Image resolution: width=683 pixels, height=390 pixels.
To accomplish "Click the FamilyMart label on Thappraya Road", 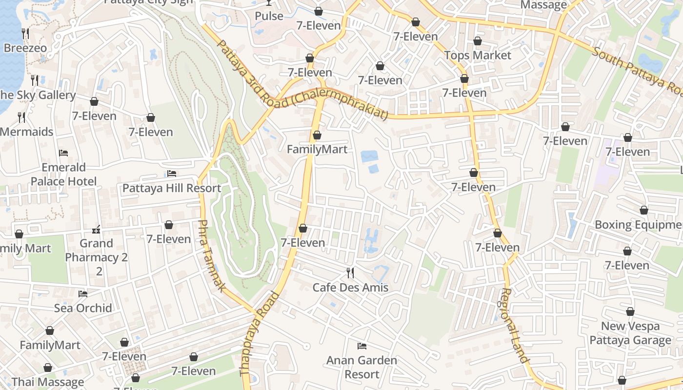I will (317, 149).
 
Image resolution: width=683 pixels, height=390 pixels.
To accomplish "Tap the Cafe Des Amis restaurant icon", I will (350, 273).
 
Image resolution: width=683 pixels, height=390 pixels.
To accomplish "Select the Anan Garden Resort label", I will (362, 367).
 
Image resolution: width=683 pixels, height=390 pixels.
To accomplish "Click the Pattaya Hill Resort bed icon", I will (172, 174).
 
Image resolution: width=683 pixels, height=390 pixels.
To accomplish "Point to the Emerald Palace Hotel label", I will (63, 175).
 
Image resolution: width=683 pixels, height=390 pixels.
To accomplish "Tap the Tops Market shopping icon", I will (477, 41).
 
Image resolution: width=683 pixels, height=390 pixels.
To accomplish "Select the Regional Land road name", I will (515, 325).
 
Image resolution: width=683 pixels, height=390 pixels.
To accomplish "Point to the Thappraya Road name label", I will (260, 334).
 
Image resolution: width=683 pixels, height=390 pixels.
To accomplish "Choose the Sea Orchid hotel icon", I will (83, 294).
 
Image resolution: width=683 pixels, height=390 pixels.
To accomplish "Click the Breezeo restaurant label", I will (25, 48).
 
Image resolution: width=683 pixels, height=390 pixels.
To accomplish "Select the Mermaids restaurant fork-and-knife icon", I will (21, 117).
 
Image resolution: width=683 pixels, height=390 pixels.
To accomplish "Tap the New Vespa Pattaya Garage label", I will (630, 333).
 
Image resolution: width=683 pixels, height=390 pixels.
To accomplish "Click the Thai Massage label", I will (48, 382).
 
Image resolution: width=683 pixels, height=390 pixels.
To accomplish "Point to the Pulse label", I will (269, 16).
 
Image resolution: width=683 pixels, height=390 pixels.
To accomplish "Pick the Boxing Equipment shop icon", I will (644, 211).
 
